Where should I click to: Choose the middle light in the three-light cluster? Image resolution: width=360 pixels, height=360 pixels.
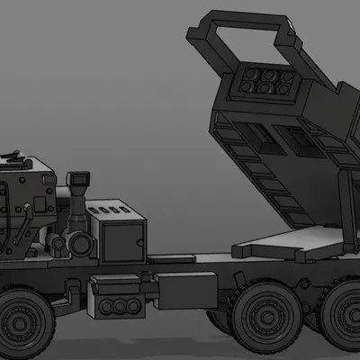click(116, 307)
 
